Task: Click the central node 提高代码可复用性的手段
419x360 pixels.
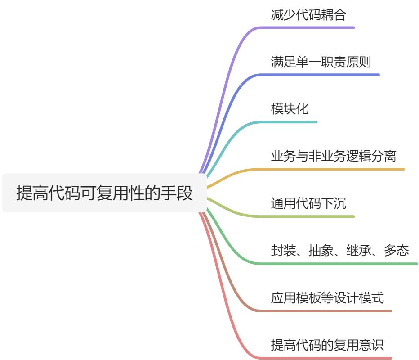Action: pyautogui.click(x=104, y=193)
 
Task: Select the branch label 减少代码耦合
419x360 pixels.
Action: pyautogui.click(x=308, y=15)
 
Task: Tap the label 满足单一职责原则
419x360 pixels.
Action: pyautogui.click(x=321, y=62)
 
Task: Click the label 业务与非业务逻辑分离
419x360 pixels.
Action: pyautogui.click(x=333, y=157)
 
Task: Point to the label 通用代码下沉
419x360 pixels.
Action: pyautogui.click(x=308, y=204)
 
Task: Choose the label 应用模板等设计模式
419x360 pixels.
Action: pyautogui.click(x=327, y=298)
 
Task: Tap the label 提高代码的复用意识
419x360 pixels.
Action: pyautogui.click(x=327, y=345)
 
